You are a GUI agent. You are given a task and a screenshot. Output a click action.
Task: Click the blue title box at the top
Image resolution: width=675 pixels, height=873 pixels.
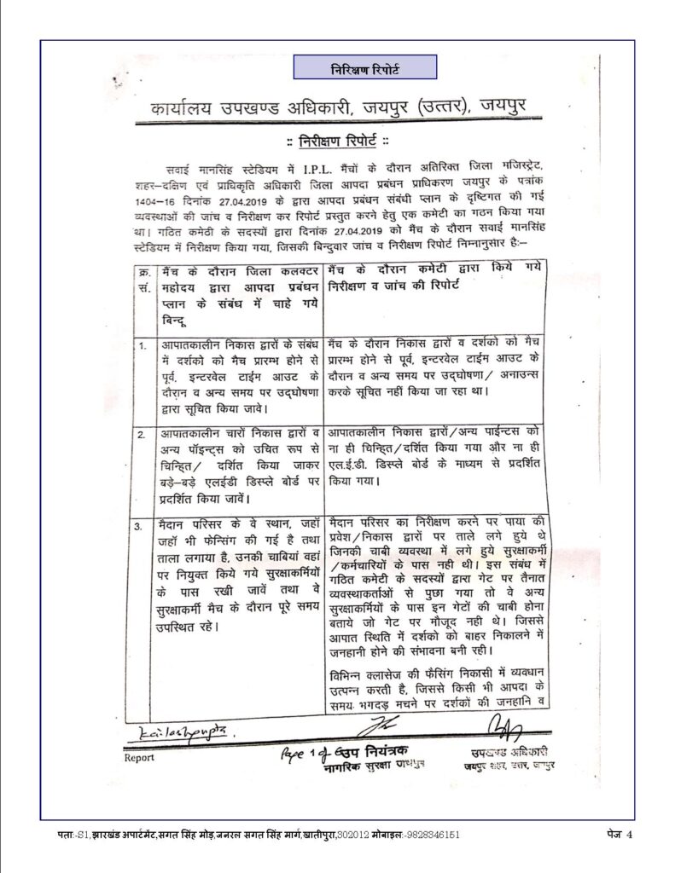(x=364, y=67)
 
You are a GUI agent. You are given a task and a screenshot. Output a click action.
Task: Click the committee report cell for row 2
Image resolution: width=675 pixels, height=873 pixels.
(x=438, y=456)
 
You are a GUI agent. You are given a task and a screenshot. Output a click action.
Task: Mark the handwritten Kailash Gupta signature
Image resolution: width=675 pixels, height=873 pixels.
(x=170, y=733)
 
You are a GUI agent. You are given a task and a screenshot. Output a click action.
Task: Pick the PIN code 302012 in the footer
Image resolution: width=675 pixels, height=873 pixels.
(x=339, y=834)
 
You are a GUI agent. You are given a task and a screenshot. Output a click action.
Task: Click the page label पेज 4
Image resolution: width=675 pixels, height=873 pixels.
(x=610, y=833)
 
